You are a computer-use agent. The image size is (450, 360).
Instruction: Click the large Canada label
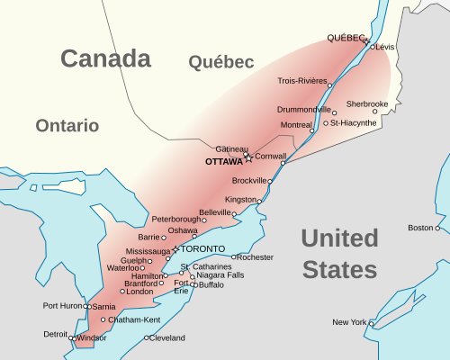coord(105,59)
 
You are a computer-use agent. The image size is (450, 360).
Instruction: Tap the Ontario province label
coord(67,126)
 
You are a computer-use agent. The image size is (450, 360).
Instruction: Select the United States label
coord(339,254)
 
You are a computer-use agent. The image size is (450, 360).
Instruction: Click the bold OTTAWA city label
coord(224,162)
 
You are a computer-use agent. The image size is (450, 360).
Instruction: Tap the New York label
coord(348,321)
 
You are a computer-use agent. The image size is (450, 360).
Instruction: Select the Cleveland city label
coord(167,338)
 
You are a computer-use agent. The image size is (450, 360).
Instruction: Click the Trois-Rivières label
coord(302,80)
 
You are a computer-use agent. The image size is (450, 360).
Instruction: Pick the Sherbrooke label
coord(367,103)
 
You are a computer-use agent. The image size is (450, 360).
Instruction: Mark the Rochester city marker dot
coord(234,257)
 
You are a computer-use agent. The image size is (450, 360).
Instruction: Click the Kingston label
coord(240,199)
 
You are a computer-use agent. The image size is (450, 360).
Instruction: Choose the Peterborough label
coord(175,219)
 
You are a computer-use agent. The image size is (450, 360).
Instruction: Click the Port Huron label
coord(62,306)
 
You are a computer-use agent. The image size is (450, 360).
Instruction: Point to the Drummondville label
coord(303,109)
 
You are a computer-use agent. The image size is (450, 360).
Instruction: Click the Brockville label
coord(249,181)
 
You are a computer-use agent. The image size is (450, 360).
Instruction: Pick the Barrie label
coord(148,237)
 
